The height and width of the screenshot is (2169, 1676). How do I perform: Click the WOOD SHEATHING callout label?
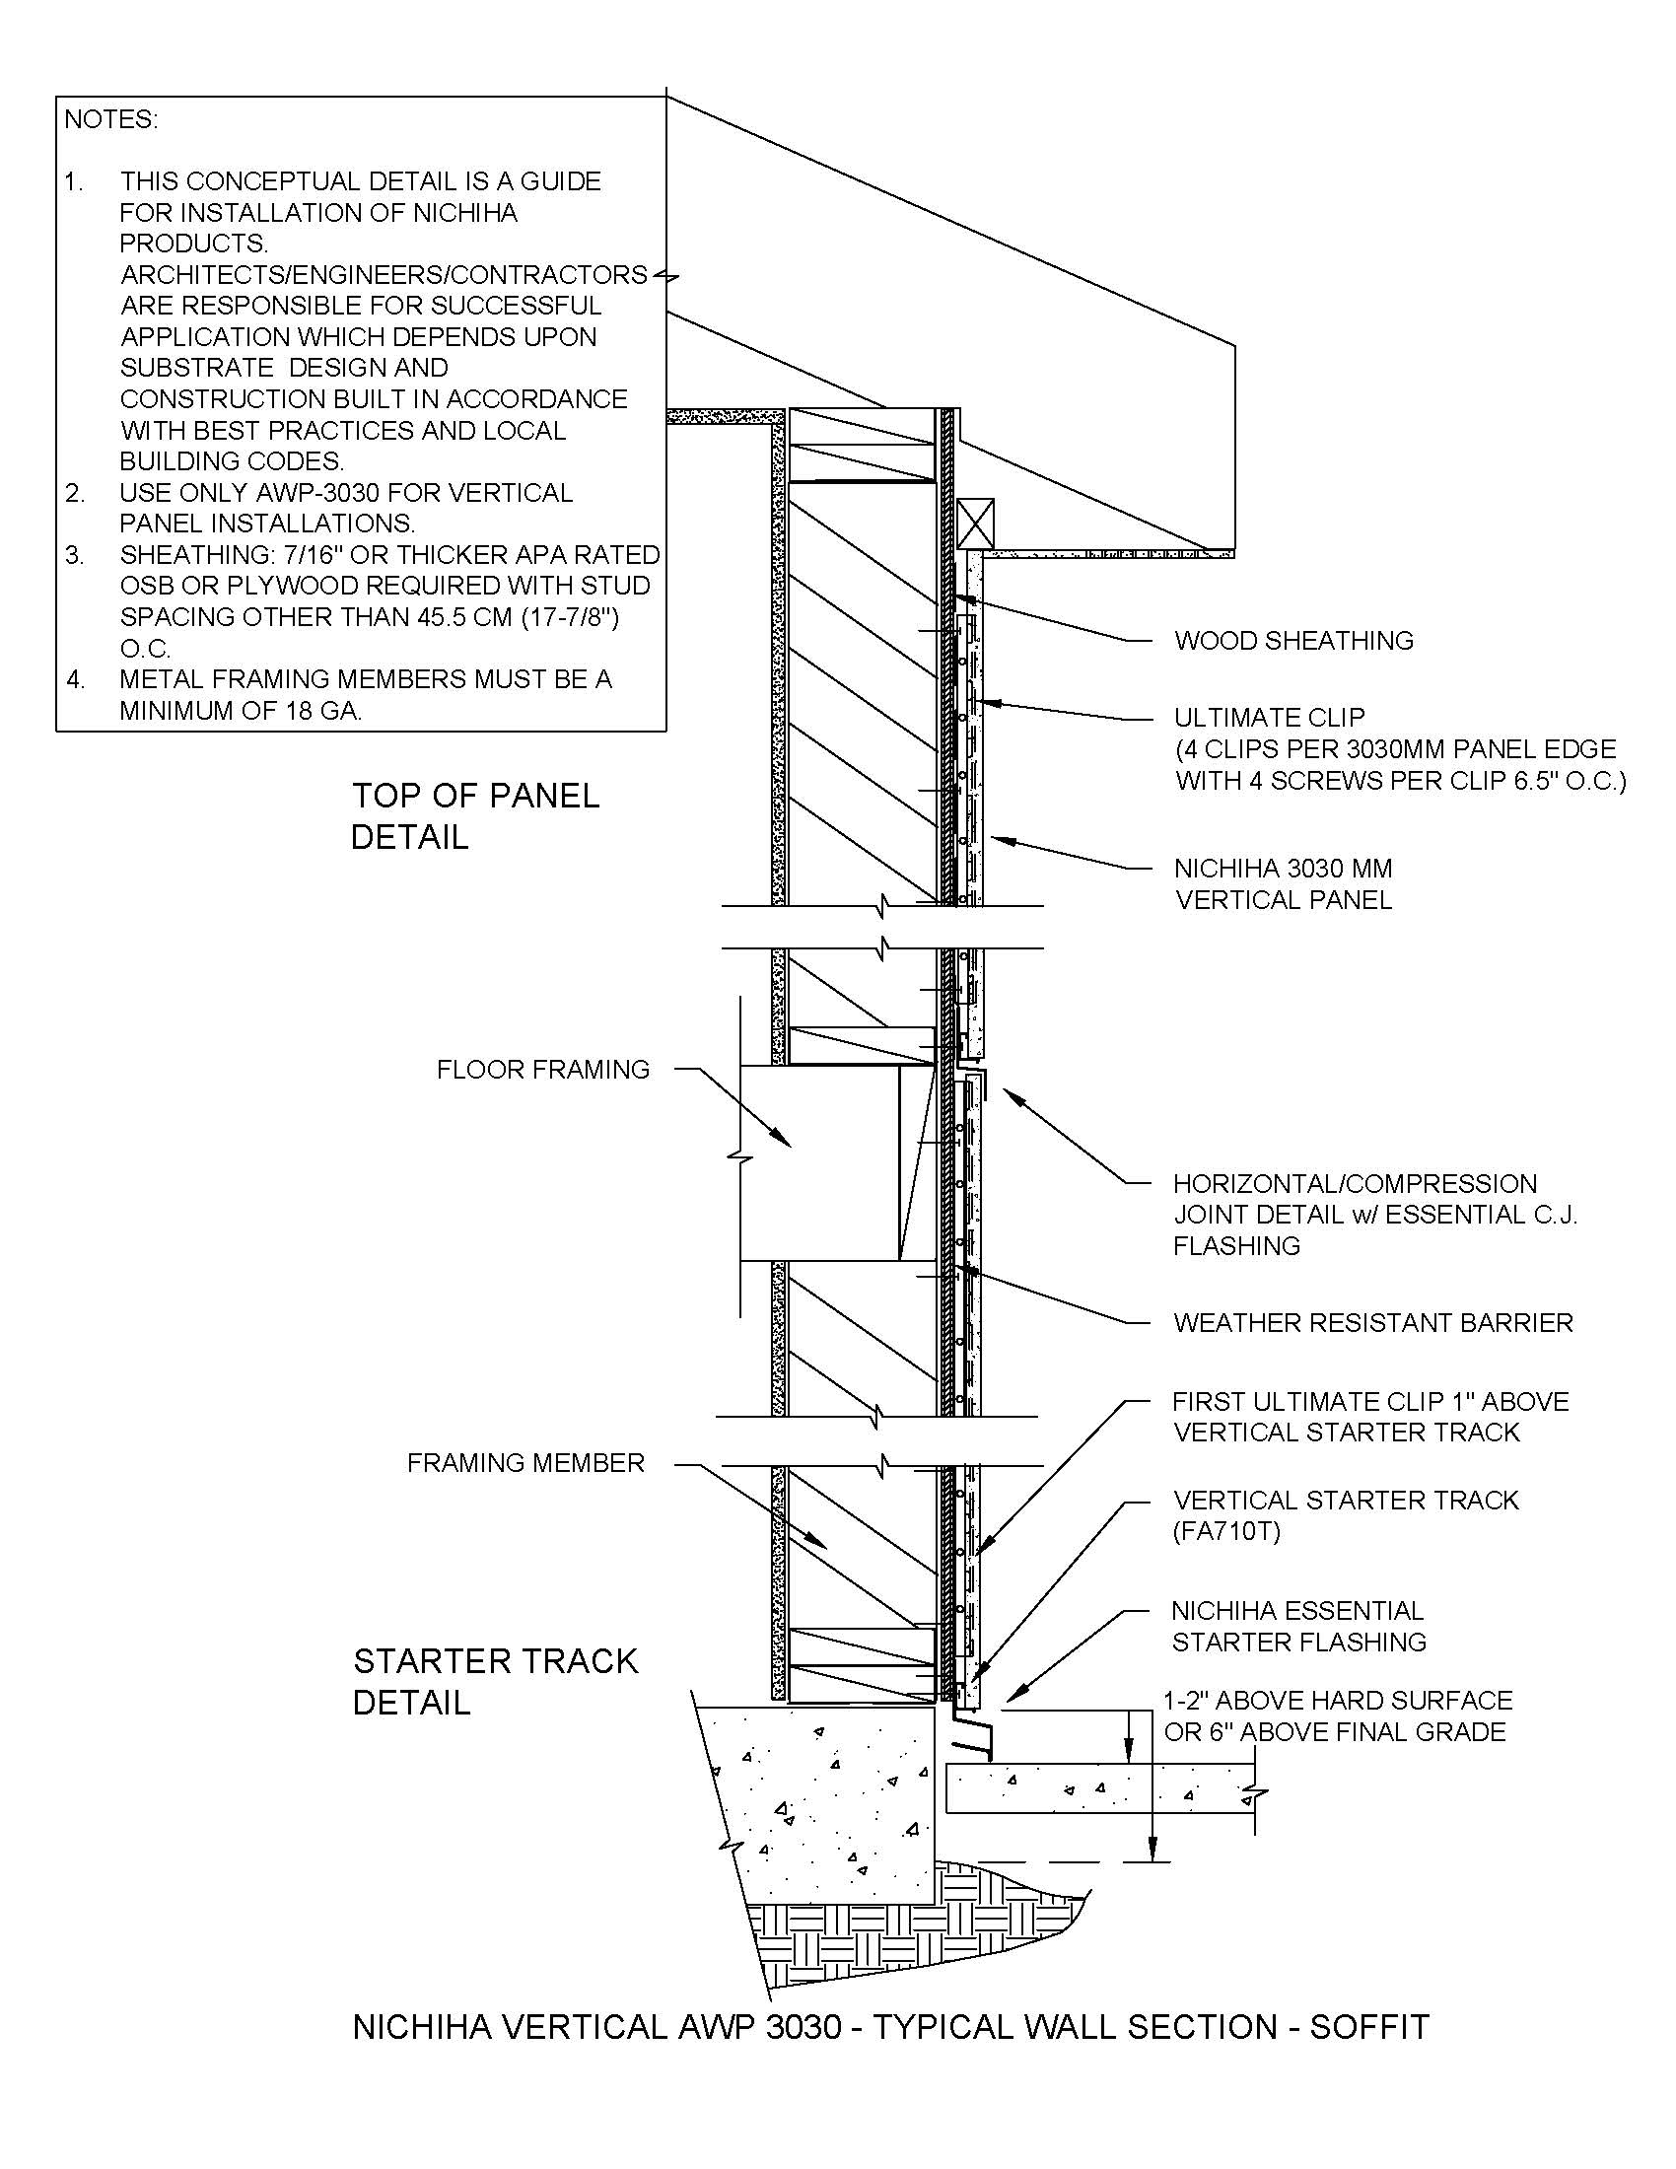1292,641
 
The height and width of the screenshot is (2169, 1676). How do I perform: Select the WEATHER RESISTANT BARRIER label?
1372,1323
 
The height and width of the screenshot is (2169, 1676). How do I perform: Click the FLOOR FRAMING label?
543,1070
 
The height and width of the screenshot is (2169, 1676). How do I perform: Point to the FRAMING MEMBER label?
525,1463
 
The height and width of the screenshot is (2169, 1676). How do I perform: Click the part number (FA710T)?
1226,1531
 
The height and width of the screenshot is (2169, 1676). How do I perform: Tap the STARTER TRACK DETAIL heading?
495,1681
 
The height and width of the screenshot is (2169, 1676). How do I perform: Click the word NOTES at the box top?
110,120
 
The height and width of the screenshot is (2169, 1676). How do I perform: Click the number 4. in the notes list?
76,680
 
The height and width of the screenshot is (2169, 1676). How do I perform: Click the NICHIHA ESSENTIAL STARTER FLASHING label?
1297,1627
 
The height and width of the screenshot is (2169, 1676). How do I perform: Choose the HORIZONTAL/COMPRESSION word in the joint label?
1355,1184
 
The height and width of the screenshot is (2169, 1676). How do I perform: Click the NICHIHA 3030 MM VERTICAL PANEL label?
1283,884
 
